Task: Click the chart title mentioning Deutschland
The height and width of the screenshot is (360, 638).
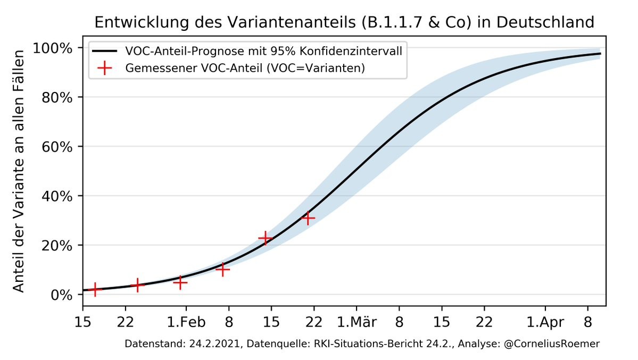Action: point(344,22)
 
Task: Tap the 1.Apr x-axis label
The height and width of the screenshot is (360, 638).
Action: point(544,322)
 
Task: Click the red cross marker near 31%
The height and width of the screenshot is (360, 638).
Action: point(308,218)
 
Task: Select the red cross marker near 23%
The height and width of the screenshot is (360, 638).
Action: point(265,238)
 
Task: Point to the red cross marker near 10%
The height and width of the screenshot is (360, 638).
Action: point(222,270)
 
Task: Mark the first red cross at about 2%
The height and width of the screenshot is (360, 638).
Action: point(95,289)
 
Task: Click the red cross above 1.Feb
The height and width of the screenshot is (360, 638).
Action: point(180,282)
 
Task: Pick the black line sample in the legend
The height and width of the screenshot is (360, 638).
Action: point(104,52)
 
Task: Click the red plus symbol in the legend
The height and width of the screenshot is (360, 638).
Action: point(104,68)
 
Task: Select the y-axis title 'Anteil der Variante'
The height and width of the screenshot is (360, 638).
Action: point(19,171)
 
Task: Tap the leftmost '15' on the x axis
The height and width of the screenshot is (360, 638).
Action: point(82,322)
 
